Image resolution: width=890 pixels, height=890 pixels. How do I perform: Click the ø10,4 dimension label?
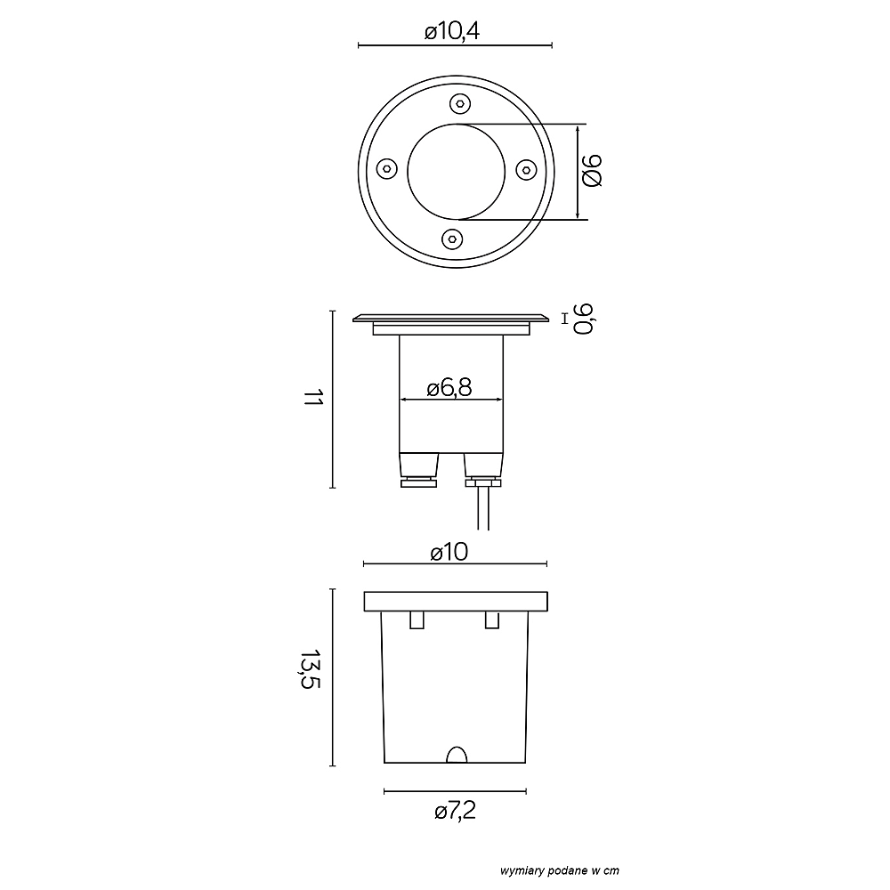pos(452,30)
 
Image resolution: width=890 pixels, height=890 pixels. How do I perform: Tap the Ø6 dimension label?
pos(592,170)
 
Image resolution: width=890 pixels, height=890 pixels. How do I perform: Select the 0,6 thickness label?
pos(584,319)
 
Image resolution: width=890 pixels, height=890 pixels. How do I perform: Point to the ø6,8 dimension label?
pos(449,388)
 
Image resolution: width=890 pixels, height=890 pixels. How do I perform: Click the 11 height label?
pos(312,397)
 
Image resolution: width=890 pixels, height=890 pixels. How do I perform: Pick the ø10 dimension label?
pos(449,552)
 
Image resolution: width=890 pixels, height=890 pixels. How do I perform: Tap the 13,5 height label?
pos(311,669)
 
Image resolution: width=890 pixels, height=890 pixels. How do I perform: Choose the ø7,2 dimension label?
pos(455,811)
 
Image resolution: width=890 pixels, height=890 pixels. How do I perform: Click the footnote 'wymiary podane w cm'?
pos(560,870)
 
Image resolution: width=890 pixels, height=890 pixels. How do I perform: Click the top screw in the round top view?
pos(460,104)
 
